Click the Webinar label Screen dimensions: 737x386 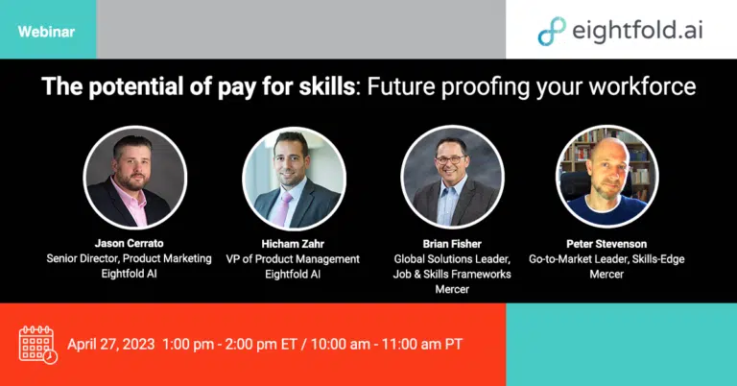tap(46, 32)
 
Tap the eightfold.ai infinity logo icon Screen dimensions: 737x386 tap(552, 31)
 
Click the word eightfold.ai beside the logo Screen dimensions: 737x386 tap(637, 31)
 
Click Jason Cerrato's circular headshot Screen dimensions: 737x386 tap(135, 178)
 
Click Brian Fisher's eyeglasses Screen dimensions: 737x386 tap(450, 159)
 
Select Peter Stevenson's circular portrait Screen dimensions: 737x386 tap(606, 177)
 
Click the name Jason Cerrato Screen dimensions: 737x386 tap(129, 243)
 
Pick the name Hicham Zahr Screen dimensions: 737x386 tap(293, 244)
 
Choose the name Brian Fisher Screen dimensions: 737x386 tap(452, 244)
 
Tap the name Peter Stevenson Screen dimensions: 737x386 tap(606, 244)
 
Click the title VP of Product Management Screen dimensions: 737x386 tap(293, 259)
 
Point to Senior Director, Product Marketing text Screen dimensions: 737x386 tap(129, 258)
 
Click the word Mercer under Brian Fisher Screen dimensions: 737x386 tap(452, 289)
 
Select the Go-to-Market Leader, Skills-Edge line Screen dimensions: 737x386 tap(606, 259)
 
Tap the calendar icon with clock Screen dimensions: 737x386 tap(37, 345)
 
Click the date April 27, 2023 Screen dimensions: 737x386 tap(111, 344)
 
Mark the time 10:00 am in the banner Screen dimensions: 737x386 tap(340, 344)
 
